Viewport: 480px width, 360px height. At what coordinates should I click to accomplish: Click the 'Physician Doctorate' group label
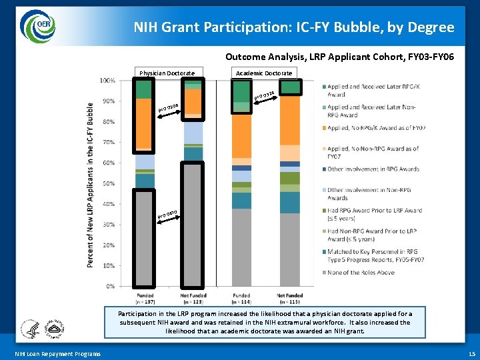167,73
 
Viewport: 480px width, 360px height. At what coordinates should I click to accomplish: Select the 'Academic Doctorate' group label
264,73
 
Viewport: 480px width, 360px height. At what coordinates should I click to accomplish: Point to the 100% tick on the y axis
107,81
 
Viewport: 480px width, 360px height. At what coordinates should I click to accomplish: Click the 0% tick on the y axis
110,286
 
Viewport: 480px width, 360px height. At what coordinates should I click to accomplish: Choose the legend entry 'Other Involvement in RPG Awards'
373,169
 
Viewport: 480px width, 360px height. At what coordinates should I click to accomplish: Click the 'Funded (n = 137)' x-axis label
145,298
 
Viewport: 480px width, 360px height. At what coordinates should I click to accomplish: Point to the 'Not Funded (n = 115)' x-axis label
290,298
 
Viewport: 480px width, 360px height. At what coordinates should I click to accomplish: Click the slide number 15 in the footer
471,353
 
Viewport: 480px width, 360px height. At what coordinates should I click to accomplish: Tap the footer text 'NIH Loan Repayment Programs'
57,353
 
